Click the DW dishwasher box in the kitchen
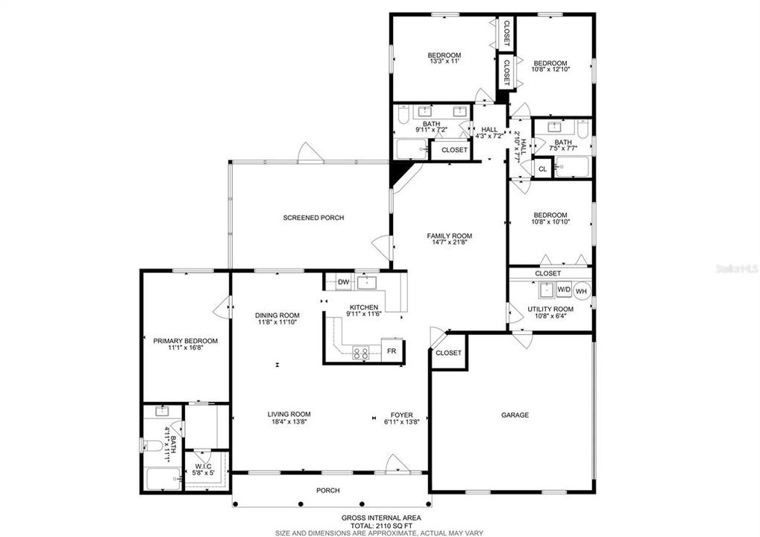pyautogui.click(x=344, y=283)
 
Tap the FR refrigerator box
pyautogui.click(x=392, y=350)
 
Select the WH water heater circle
pyautogui.click(x=582, y=291)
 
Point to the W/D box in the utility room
pyautogui.click(x=564, y=289)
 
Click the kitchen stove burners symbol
pyautogui.click(x=360, y=353)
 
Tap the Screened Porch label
pyautogui.click(x=313, y=218)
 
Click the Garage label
pyautogui.click(x=515, y=415)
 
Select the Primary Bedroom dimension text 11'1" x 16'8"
pyautogui.click(x=186, y=348)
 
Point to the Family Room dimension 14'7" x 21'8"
pyautogui.click(x=449, y=242)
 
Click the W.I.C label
pyautogui.click(x=204, y=466)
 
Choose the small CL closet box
pyautogui.click(x=542, y=169)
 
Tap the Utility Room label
pyautogui.click(x=550, y=310)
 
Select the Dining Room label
pyautogui.click(x=277, y=315)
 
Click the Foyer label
pyautogui.click(x=402, y=415)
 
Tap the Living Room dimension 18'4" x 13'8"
pyautogui.click(x=289, y=421)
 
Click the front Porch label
pyautogui.click(x=327, y=491)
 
